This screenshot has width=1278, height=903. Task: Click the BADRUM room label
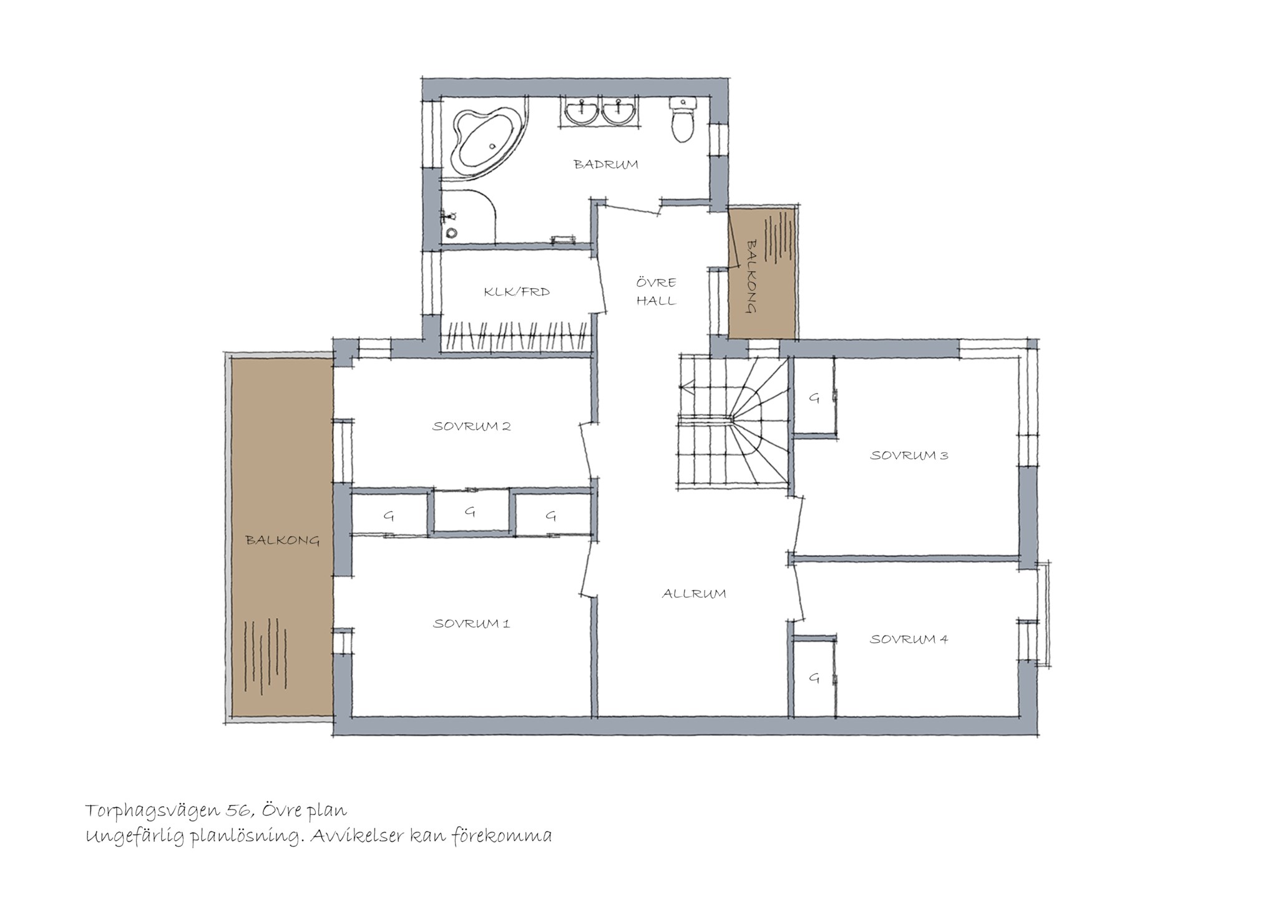(x=606, y=165)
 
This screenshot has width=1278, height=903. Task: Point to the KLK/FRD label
(x=517, y=291)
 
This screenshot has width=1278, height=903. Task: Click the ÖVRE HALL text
(x=656, y=291)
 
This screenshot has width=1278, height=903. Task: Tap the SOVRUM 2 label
(x=472, y=427)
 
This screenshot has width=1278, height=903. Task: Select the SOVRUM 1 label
(x=472, y=624)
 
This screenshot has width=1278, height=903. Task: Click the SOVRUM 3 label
(x=909, y=455)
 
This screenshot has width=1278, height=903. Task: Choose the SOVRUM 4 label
(x=909, y=639)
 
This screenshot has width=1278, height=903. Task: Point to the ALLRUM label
(x=694, y=594)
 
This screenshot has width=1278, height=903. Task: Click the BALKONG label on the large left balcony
(x=283, y=540)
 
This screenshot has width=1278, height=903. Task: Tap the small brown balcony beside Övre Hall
(x=763, y=273)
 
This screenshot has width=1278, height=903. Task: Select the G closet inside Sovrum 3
(x=814, y=397)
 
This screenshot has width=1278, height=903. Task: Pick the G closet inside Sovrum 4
(x=814, y=678)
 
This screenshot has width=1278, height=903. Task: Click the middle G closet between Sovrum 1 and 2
(x=471, y=512)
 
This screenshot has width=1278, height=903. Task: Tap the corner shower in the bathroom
(x=469, y=216)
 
